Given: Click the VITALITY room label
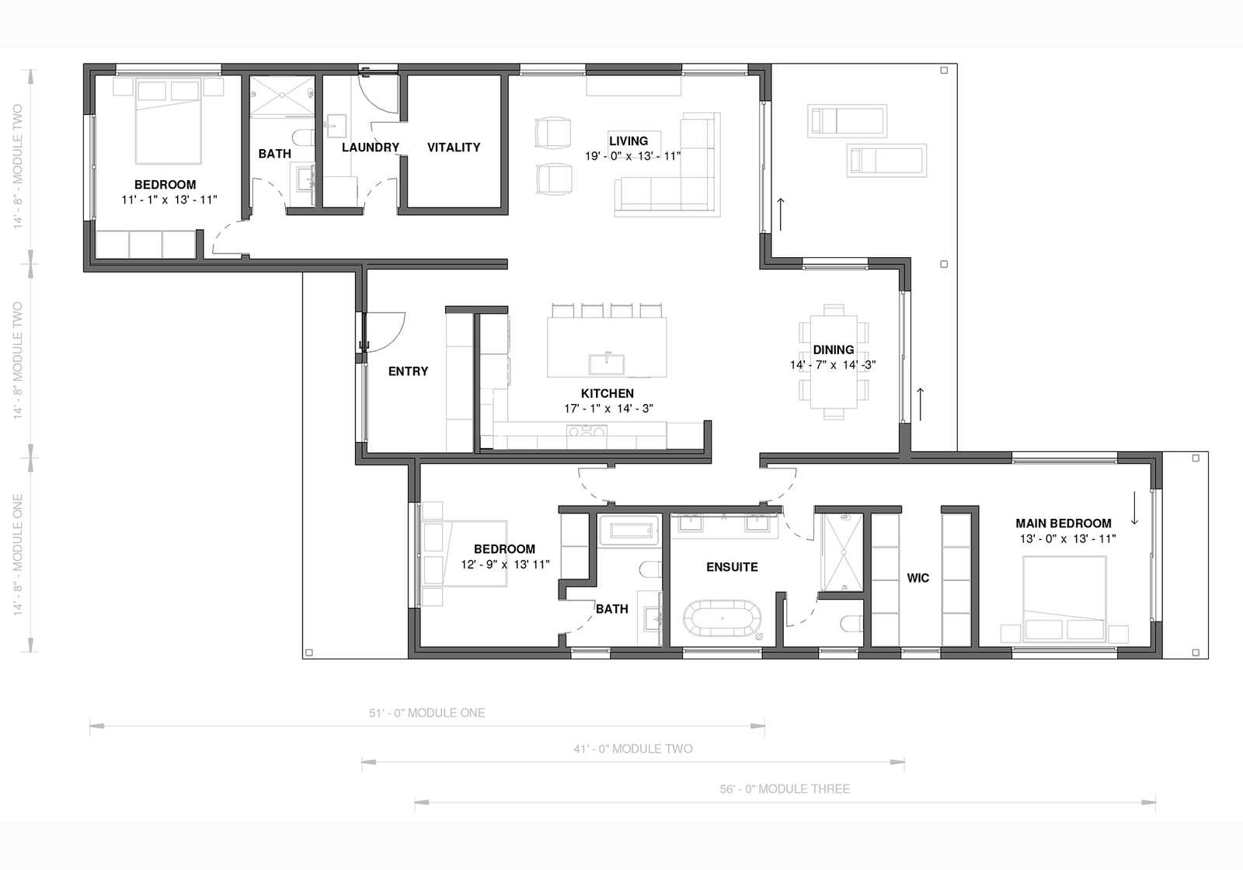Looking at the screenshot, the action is click(x=454, y=147).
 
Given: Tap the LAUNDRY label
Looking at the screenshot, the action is click(x=370, y=147).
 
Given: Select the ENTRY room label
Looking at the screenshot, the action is click(x=408, y=371).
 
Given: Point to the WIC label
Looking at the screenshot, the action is click(x=917, y=578).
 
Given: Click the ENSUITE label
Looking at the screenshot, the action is click(x=732, y=567).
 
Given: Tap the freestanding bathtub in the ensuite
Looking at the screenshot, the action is click(x=722, y=618).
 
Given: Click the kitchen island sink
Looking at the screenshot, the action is click(x=607, y=364).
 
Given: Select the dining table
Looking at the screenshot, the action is click(x=834, y=362).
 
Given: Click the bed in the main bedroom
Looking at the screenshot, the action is click(x=1064, y=599).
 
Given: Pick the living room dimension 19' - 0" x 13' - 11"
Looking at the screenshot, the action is click(x=632, y=156).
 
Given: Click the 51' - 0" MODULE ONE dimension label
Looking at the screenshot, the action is click(x=427, y=713).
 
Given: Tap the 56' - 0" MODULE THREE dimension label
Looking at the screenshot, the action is click(x=785, y=789).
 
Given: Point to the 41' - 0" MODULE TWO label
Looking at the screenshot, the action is click(x=633, y=749).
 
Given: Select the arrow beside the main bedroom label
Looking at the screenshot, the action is click(x=1135, y=508).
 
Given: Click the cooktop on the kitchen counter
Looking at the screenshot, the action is click(x=587, y=432).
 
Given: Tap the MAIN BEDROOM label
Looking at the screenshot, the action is click(x=1064, y=524).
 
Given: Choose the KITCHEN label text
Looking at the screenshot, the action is click(x=607, y=393).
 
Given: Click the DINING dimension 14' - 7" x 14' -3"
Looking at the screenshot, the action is click(x=833, y=365).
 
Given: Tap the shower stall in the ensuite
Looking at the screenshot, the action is click(x=843, y=552).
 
